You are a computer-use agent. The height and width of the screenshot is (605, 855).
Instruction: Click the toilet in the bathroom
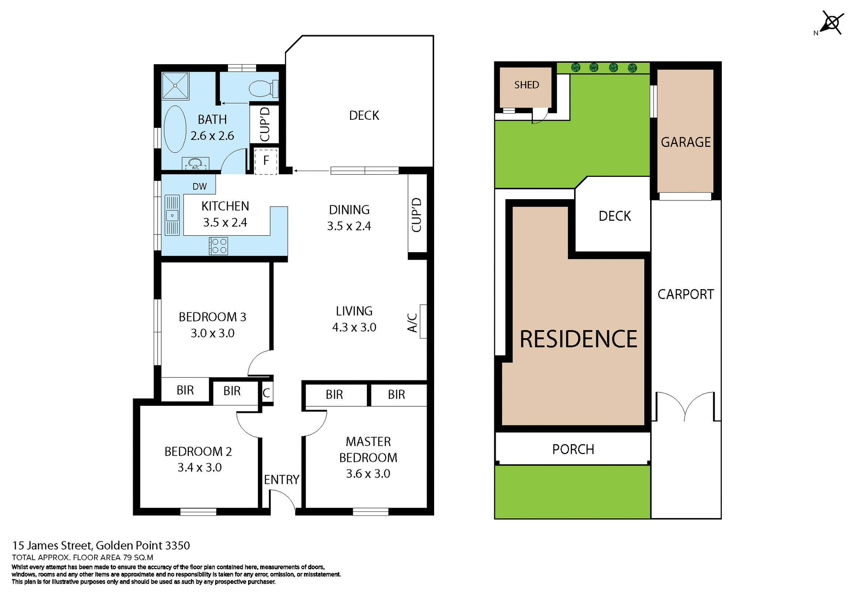coord(263,89)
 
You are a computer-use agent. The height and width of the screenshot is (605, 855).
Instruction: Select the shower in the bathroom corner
coord(175,85)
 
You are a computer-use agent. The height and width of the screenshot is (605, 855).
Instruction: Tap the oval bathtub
coord(175,129)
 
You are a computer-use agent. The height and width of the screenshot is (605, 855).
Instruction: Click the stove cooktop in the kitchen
coord(219,246)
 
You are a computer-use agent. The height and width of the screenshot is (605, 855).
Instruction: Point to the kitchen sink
coord(172,215)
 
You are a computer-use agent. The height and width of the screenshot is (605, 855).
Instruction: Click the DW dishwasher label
coord(199,186)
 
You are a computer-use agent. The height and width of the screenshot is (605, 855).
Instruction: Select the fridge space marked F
coord(266,161)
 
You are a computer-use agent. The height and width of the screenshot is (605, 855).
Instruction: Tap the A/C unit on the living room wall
coord(423,321)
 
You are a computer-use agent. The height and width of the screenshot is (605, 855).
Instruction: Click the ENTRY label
coord(281,479)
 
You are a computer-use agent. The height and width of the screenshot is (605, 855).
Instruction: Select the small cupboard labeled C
coord(266,393)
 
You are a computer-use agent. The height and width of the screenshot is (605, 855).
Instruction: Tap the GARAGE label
coord(685,142)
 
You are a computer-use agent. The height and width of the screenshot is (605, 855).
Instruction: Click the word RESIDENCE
coord(578,339)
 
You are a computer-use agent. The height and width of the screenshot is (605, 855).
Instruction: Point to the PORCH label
coord(573,449)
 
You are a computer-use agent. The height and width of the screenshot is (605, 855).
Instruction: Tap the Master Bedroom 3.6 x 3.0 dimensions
coord(368,474)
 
